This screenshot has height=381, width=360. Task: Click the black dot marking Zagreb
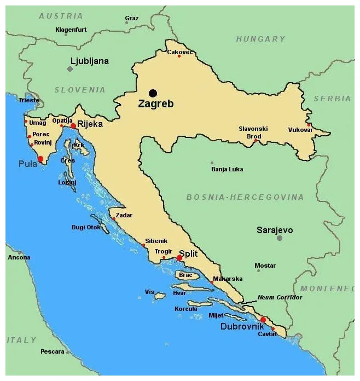point(153,93)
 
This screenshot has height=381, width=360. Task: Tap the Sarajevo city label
point(275,230)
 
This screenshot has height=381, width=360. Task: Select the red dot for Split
point(179,258)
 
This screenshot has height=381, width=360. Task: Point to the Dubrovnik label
point(242,327)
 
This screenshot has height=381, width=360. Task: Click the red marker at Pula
point(40,159)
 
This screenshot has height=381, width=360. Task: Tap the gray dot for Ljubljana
point(69,69)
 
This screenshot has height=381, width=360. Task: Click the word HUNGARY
point(260,39)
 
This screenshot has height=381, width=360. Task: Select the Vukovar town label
point(300,130)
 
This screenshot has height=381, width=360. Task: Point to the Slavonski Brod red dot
point(255,141)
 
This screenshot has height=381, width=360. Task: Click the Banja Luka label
point(227,169)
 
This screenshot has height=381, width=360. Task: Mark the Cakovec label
point(180,52)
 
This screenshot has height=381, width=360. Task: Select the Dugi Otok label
point(86,227)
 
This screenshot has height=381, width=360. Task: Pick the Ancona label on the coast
point(19,257)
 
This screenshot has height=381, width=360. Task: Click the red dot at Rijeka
point(73,126)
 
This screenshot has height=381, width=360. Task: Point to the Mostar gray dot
point(258,270)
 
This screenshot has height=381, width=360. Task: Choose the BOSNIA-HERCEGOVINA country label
point(245,197)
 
